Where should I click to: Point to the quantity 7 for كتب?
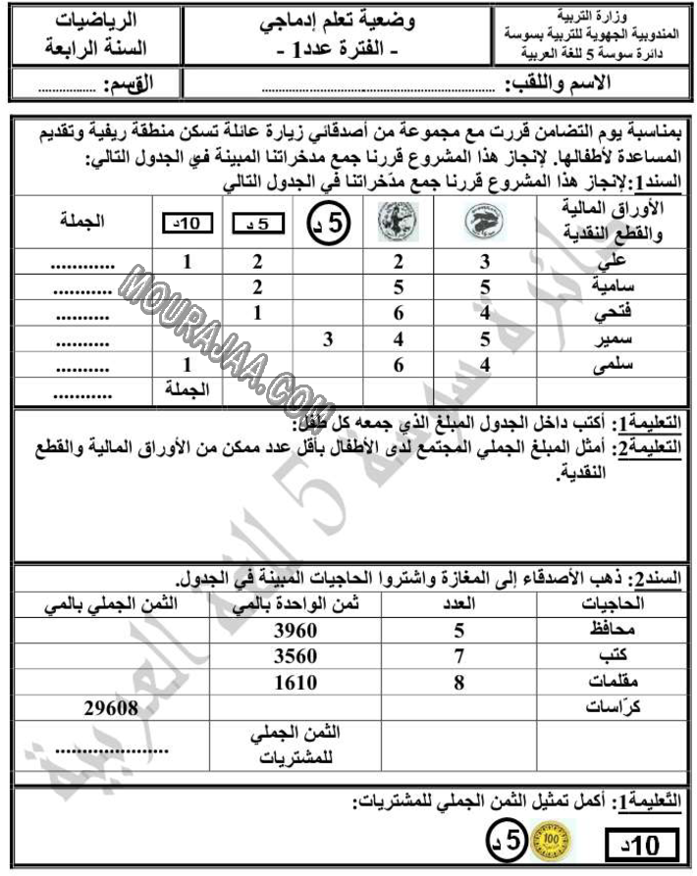[457, 658]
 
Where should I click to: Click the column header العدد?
[456, 604]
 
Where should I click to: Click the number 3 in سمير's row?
[330, 341]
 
